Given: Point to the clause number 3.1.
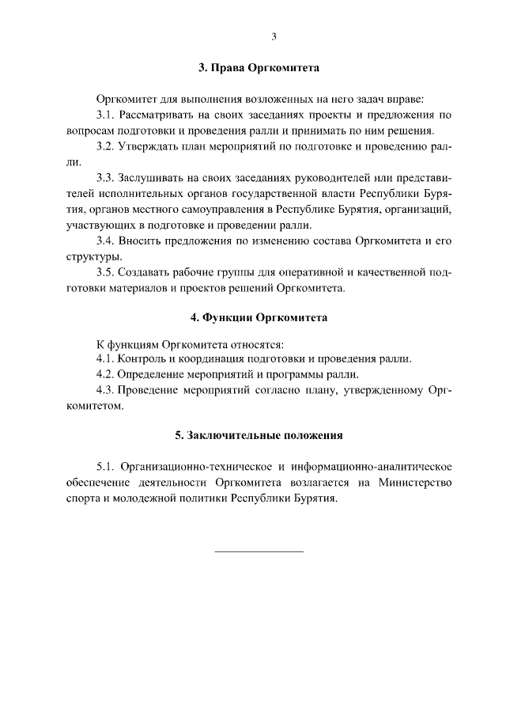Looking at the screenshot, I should (x=106, y=116).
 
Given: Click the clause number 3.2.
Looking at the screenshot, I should (x=106, y=146).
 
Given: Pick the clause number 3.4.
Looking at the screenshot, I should (x=106, y=240).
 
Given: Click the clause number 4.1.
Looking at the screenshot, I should (x=106, y=359).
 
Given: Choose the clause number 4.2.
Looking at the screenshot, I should (x=106, y=374).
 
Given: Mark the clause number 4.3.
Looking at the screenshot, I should (x=106, y=390).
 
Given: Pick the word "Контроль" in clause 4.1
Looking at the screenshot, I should (x=142, y=359).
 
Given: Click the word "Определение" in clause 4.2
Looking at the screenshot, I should (x=152, y=374).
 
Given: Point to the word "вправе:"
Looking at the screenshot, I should (x=403, y=100).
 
